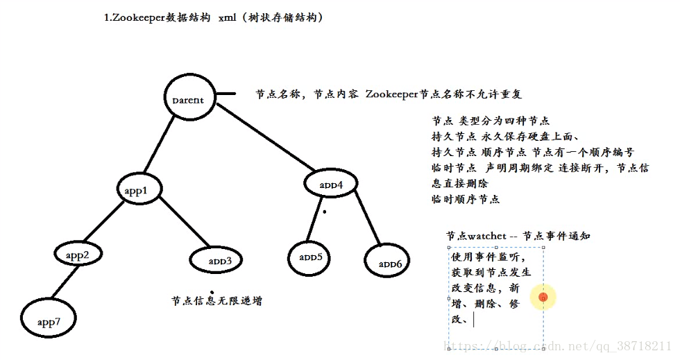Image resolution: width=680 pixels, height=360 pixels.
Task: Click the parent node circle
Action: click(x=188, y=100)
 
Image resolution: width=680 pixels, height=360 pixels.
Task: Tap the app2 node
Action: click(x=78, y=255)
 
